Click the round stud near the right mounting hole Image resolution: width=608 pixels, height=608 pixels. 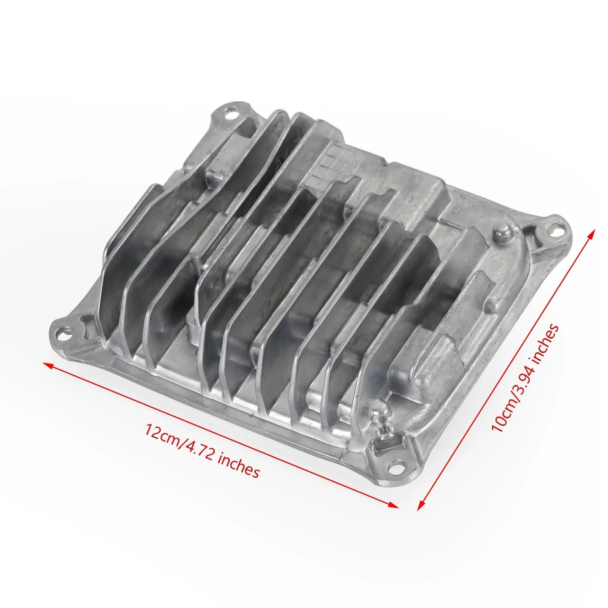point(501,230)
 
